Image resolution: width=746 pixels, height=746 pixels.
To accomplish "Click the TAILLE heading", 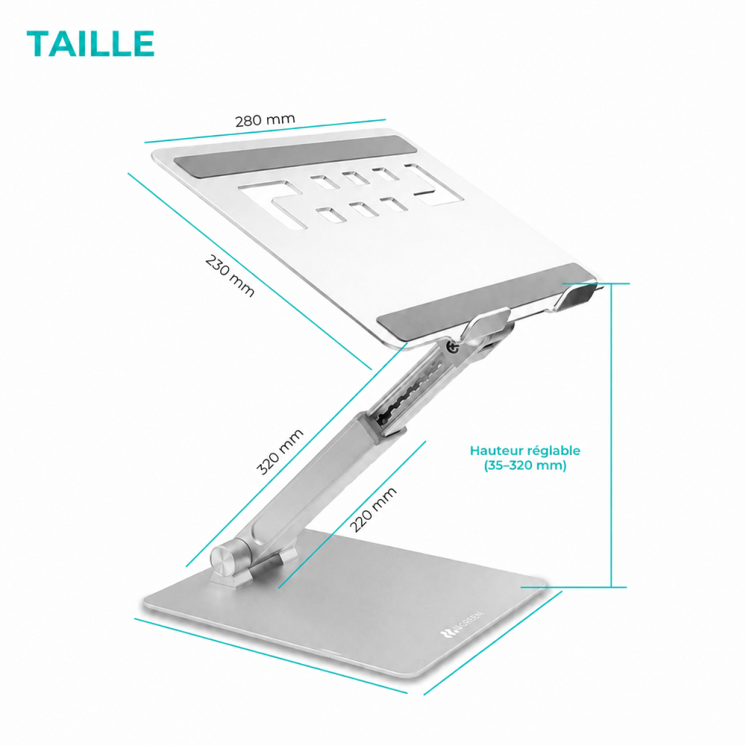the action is [x=90, y=44].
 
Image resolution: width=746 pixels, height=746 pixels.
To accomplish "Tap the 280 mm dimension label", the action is [x=265, y=120].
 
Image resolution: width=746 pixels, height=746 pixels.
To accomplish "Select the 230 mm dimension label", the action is [x=230, y=276].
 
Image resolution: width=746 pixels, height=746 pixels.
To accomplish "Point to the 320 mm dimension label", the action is [x=280, y=451].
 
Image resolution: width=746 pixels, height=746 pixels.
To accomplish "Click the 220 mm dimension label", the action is [x=374, y=510].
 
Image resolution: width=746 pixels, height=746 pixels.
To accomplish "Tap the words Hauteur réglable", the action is [x=524, y=451].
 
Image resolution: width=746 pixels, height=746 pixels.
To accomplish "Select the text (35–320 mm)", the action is [x=525, y=466].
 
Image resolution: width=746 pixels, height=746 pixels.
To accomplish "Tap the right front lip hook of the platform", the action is [x=579, y=294].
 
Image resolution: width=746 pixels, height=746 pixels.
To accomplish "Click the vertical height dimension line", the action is [x=612, y=436].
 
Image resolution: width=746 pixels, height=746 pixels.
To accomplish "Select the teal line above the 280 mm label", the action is [x=265, y=131].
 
